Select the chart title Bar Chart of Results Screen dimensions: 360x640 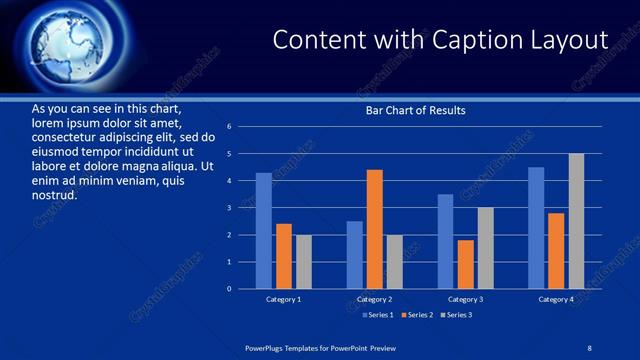pos(415,110)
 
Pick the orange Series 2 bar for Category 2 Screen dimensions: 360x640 pos(374,229)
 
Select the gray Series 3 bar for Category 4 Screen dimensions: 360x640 pos(576,221)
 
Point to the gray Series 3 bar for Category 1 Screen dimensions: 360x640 pos(303,262)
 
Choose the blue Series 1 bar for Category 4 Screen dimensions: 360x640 pos(536,228)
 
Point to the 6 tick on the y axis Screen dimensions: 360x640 pos(230,127)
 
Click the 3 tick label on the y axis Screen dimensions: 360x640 pos(230,208)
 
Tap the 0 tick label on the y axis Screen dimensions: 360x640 pos(230,289)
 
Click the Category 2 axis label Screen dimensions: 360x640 pos(374,299)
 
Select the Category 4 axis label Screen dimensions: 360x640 pos(556,299)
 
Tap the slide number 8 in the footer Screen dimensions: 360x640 pos(590,346)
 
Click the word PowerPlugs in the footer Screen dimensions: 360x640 pos(266,346)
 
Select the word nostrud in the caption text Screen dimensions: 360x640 pos(54,195)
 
